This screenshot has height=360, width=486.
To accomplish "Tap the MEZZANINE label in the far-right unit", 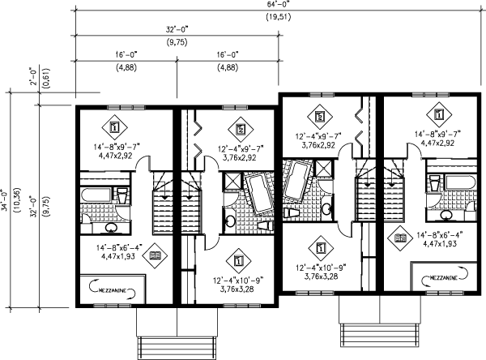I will click(442, 278).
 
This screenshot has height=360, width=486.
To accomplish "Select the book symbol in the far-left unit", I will click(154, 256).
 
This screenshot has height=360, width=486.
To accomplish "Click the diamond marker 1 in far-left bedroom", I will click(113, 128).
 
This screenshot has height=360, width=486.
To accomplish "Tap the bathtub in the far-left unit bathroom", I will click(95, 197).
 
